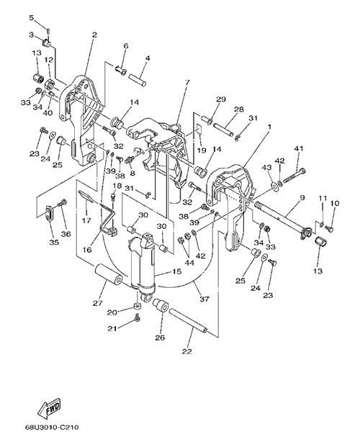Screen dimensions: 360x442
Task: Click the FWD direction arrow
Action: [49, 408]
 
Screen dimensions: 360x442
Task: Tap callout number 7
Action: [187, 82]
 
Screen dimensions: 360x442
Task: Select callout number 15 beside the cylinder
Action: [177, 271]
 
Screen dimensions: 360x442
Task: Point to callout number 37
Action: [204, 299]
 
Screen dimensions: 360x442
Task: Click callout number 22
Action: [187, 351]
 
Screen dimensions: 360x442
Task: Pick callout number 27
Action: [98, 303]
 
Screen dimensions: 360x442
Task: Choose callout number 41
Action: [299, 148]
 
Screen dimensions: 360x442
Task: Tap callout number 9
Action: [302, 197]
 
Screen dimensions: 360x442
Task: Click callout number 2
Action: [94, 35]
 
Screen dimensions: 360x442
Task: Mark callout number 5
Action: [31, 18]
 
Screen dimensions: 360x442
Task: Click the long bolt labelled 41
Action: [294, 176]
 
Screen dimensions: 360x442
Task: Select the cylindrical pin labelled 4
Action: [138, 80]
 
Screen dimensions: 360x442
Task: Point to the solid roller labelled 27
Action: [109, 276]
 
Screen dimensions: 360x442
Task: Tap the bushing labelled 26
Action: [161, 305]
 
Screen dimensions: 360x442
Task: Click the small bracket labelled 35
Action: [49, 213]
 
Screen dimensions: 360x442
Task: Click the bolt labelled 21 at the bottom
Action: [138, 317]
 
